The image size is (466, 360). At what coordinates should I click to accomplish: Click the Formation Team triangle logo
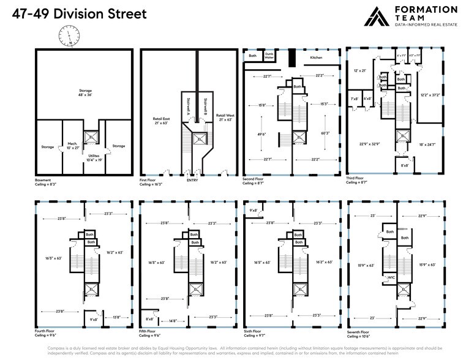click(x=377, y=16)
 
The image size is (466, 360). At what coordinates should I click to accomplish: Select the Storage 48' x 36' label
click(x=85, y=93)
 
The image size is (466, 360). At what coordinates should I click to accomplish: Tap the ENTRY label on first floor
click(x=192, y=181)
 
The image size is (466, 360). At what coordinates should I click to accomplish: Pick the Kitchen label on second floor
click(x=316, y=58)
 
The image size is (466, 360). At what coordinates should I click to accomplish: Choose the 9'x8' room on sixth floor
click(x=254, y=211)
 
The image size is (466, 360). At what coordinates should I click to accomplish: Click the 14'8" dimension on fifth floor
click(x=173, y=320)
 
